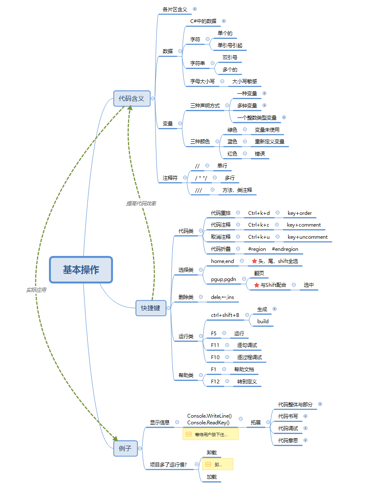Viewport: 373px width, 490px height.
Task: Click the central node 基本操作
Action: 81,270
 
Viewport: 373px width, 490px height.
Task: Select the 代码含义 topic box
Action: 131,99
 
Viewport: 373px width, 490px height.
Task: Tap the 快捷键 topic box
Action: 151,308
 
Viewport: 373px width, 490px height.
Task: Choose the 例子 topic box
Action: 125,448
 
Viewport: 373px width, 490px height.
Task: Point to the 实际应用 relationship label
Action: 36,290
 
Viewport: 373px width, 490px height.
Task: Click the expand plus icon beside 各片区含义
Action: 194,9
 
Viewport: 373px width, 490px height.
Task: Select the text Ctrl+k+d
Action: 259,213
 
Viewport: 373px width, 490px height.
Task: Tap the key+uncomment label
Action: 307,237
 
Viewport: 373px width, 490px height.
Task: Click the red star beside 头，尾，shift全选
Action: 254,261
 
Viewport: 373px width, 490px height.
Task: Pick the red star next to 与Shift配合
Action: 257,285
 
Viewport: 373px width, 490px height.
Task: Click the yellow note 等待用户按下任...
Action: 210,434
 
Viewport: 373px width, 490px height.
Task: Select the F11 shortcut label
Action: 215,345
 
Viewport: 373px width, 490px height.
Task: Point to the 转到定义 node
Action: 247,381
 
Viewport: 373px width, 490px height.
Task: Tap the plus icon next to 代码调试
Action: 305,428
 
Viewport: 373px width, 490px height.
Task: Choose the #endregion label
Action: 285,249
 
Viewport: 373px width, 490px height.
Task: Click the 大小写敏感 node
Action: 245,82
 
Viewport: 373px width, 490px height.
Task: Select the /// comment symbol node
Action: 199,190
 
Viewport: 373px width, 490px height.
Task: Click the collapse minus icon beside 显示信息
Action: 177,422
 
